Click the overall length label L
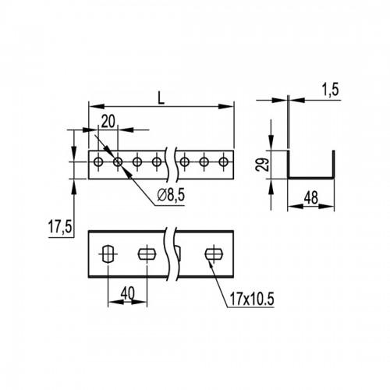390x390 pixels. (161, 98)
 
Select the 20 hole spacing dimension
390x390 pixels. (108, 122)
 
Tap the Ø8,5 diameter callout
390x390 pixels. (171, 195)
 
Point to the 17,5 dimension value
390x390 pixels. (60, 226)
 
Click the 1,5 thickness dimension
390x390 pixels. (330, 90)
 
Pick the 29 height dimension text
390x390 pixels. (261, 165)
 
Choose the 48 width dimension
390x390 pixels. (311, 198)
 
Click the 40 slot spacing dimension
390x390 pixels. (128, 293)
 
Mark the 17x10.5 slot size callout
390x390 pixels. (252, 299)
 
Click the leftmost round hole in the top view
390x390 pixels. (98, 162)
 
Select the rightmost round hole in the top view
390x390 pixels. (223, 162)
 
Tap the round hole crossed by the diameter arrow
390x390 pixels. (118, 162)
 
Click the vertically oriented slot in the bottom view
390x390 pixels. (108, 253)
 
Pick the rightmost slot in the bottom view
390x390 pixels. (214, 253)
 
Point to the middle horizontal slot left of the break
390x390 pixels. (147, 253)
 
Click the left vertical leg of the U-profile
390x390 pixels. (289, 165)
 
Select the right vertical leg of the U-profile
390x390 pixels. (333, 165)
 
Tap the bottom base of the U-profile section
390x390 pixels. (311, 178)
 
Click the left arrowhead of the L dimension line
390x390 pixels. (97, 106)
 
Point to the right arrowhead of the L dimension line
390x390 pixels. (226, 106)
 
